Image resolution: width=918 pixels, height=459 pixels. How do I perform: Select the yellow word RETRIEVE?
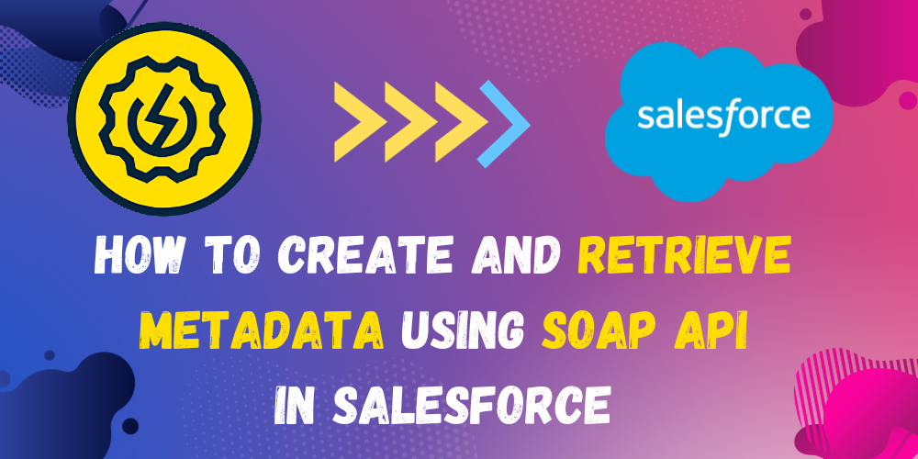click(x=685, y=258)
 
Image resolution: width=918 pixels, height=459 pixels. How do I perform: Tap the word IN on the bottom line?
click(x=300, y=404)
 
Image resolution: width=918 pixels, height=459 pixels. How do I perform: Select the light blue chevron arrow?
click(x=504, y=124)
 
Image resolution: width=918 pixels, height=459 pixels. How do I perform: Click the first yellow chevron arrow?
click(x=360, y=122)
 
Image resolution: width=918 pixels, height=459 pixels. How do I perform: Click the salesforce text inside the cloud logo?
click(x=723, y=114)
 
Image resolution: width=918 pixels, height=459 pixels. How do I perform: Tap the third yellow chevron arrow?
click(x=462, y=122)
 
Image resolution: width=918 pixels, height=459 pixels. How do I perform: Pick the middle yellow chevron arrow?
click(x=411, y=122)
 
